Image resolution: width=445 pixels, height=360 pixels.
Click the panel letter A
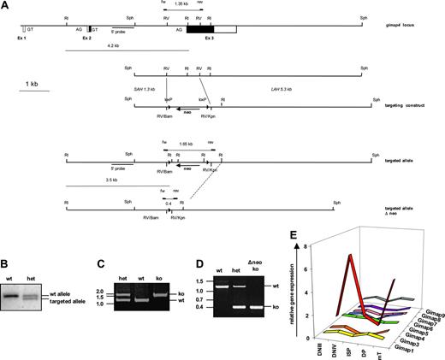5,5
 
